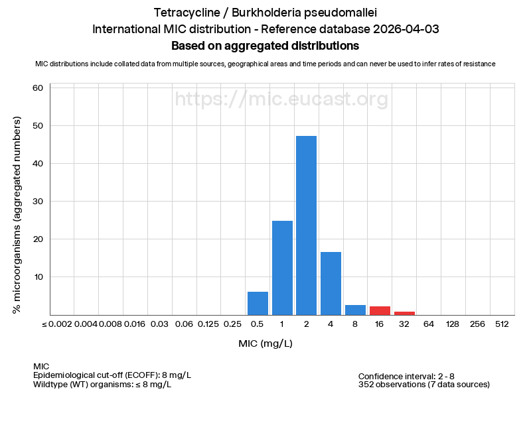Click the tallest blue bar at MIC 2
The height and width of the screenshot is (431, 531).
[307, 225]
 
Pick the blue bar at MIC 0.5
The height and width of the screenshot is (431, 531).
[258, 303]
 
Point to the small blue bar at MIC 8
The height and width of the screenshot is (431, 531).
[355, 310]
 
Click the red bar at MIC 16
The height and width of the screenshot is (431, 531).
[380, 310]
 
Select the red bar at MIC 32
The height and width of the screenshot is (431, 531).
[404, 312]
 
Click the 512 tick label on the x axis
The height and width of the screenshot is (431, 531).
[502, 324]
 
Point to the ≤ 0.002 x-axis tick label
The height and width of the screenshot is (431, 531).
[57, 324]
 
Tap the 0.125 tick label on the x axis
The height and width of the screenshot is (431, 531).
[208, 324]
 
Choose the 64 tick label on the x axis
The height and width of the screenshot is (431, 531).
[429, 324]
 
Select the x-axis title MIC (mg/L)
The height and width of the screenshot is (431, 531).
[265, 343]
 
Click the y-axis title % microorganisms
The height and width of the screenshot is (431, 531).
[18, 215]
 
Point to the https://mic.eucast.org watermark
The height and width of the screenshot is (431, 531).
[281, 99]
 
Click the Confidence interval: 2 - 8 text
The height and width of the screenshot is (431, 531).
[416, 376]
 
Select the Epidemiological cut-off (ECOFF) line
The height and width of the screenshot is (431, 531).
[112, 375]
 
